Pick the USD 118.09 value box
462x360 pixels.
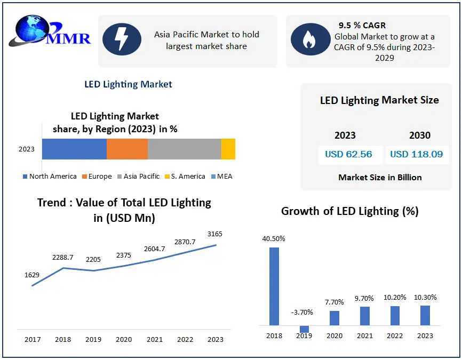click(x=417, y=155)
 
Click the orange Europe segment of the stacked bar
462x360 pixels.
click(x=127, y=149)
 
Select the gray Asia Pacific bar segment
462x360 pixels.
click(x=184, y=149)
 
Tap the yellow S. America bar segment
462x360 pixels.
click(x=228, y=149)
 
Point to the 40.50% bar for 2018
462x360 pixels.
click(x=274, y=286)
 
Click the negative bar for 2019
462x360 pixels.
click(x=304, y=329)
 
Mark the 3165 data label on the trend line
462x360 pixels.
click(x=216, y=234)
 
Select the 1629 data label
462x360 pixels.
click(x=32, y=275)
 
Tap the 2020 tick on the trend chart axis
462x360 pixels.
click(x=123, y=339)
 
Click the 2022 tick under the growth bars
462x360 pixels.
click(x=395, y=335)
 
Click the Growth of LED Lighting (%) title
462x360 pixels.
click(x=349, y=211)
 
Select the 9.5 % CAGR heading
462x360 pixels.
click(x=362, y=25)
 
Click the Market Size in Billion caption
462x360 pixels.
click(x=380, y=177)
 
